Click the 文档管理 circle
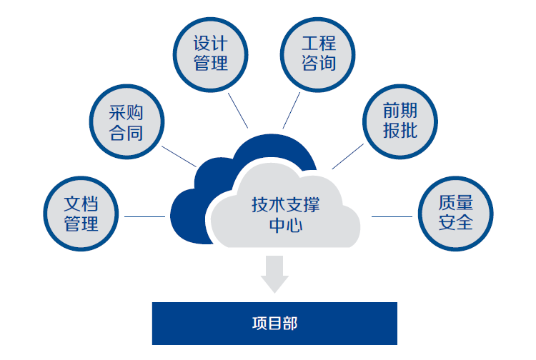[x=81, y=214]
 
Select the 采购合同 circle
[x=126, y=123]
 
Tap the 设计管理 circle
[x=211, y=54]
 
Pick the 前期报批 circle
[x=399, y=121]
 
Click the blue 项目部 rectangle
[x=274, y=323]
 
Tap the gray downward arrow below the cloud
[x=274, y=273]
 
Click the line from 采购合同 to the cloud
[x=179, y=156]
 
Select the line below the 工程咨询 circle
[x=291, y=110]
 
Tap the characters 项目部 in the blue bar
[x=274, y=323]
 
